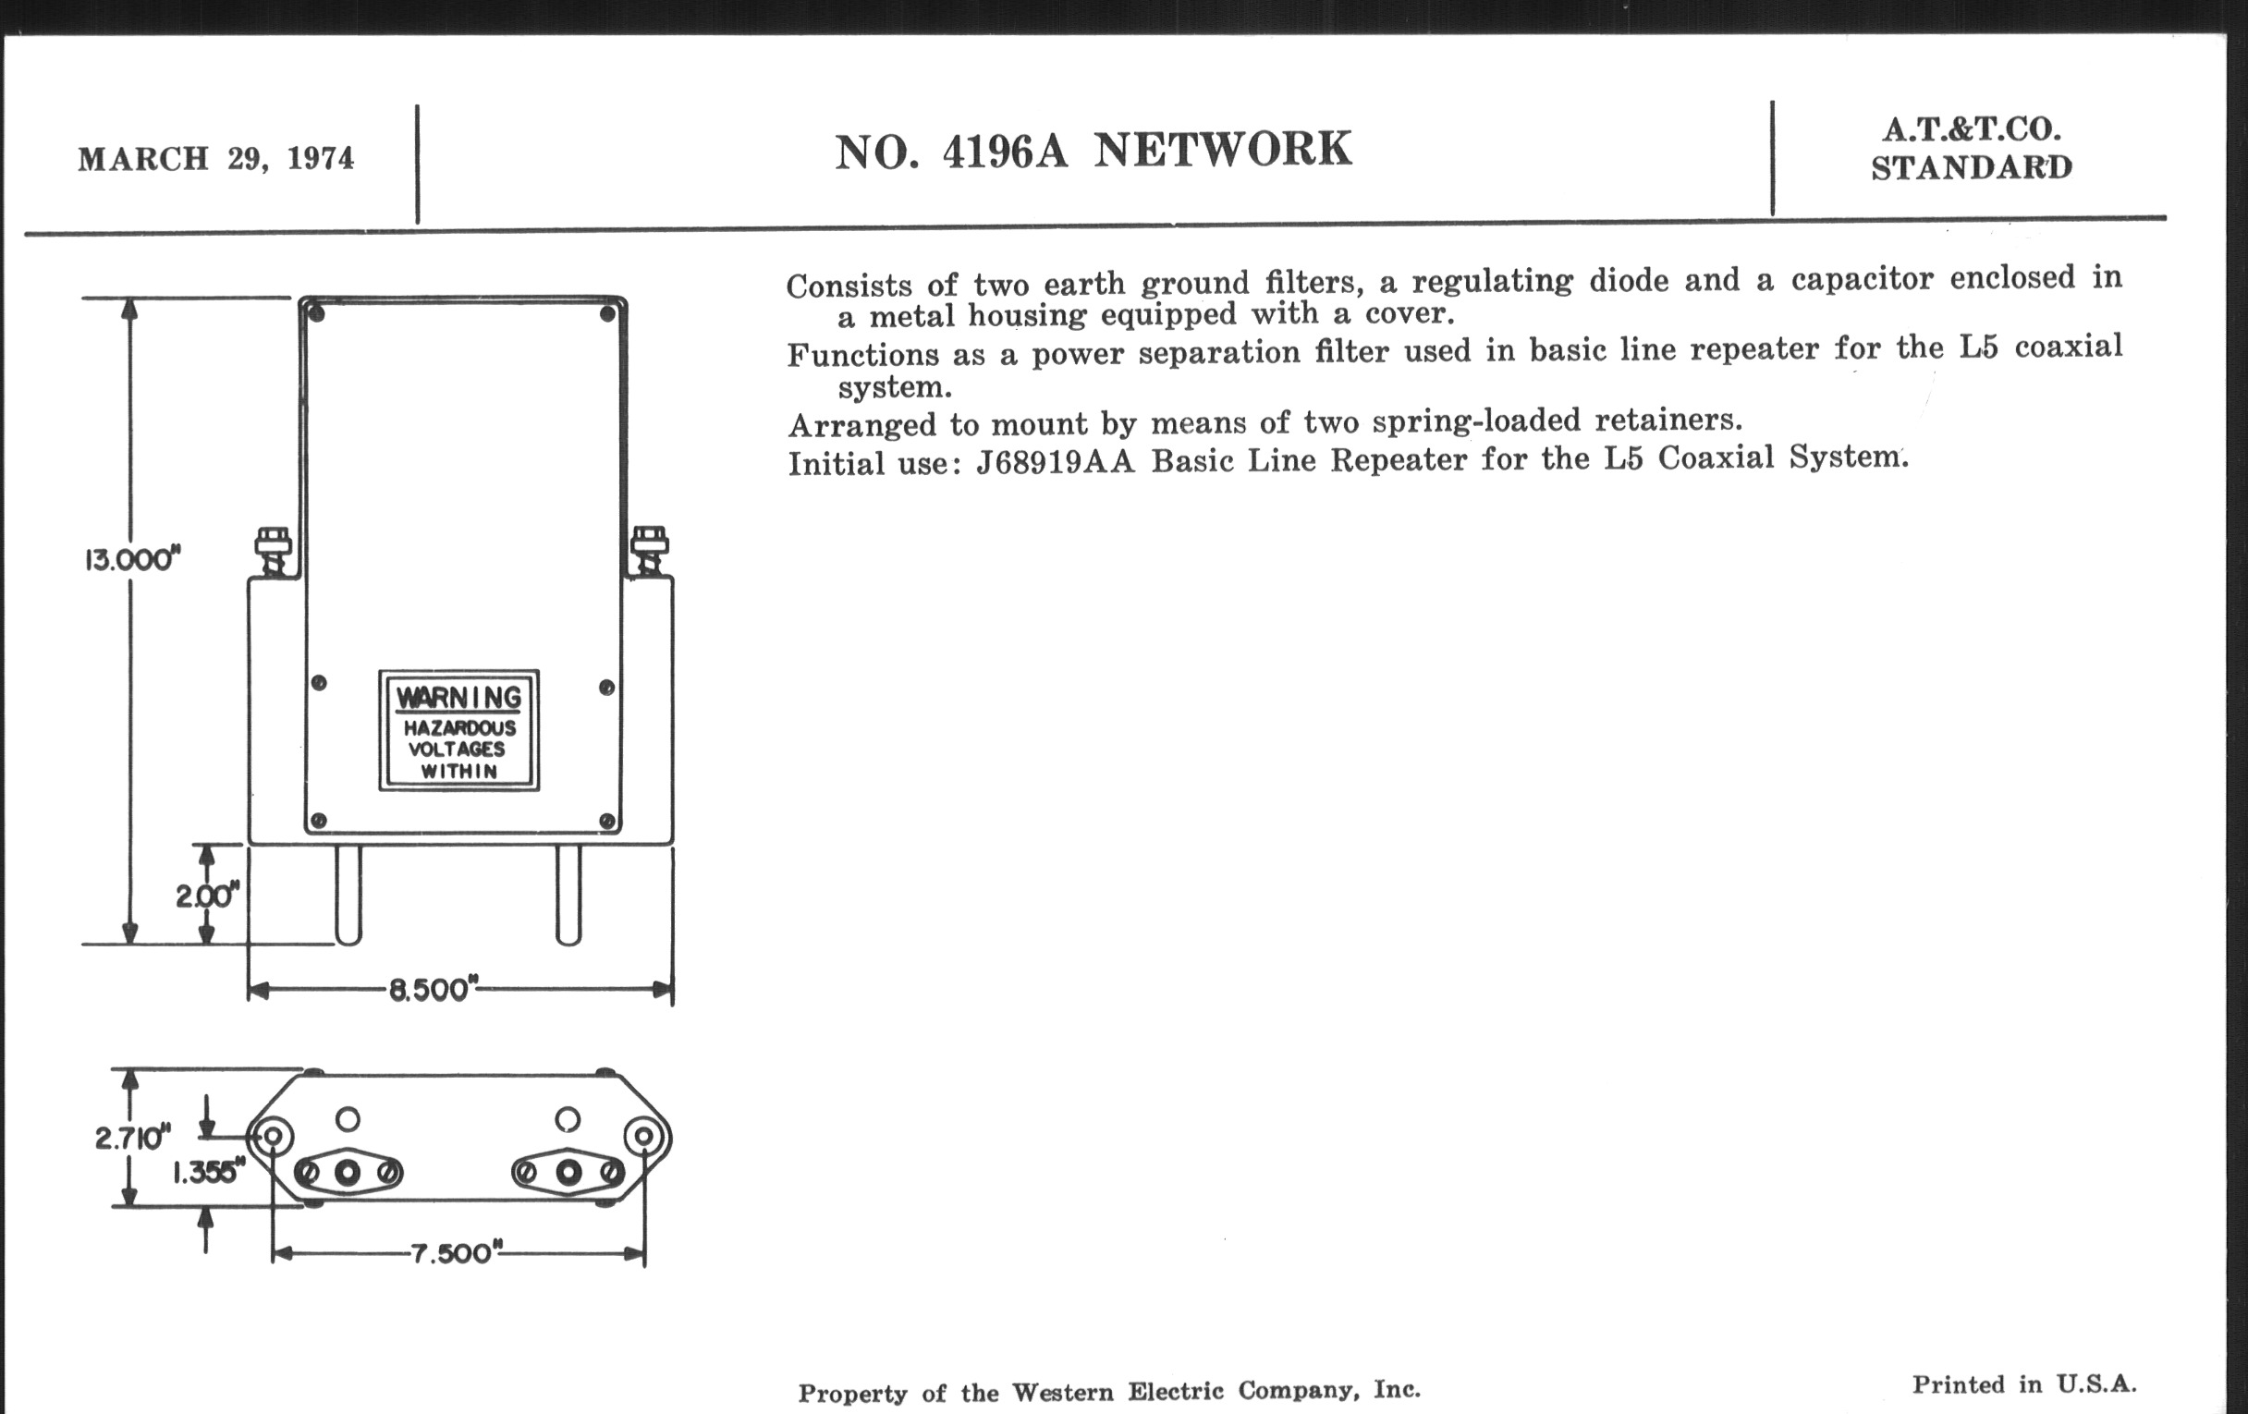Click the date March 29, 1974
(215, 159)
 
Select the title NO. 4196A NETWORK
(1093, 151)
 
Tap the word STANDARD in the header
(1972, 168)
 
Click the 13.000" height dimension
(131, 559)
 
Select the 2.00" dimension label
(207, 896)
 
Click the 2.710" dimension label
(132, 1138)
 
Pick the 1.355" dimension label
(208, 1171)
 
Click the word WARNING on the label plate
(458, 697)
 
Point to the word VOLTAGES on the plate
(457, 750)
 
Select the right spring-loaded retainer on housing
(650, 551)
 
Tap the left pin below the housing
(348, 895)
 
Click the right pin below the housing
(568, 895)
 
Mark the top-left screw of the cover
(316, 313)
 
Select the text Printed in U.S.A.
(2024, 1384)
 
